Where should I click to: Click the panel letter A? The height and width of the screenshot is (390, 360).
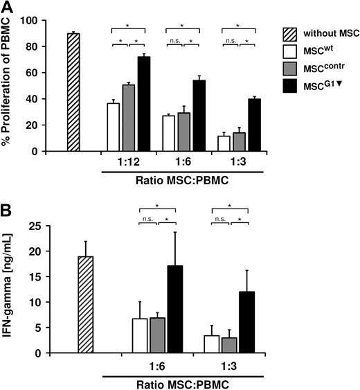point(8,7)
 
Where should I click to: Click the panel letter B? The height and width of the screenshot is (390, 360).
point(8,206)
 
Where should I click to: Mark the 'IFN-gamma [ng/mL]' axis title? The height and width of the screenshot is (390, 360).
point(10,288)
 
